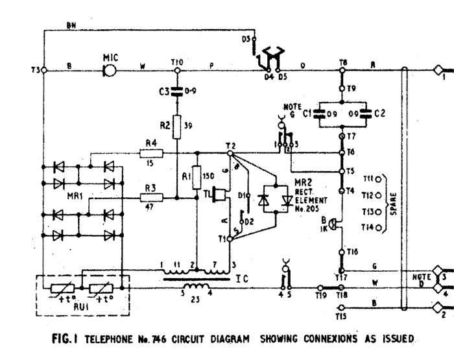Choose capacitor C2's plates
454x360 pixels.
(x=365, y=113)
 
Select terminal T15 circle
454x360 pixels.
(x=342, y=308)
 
